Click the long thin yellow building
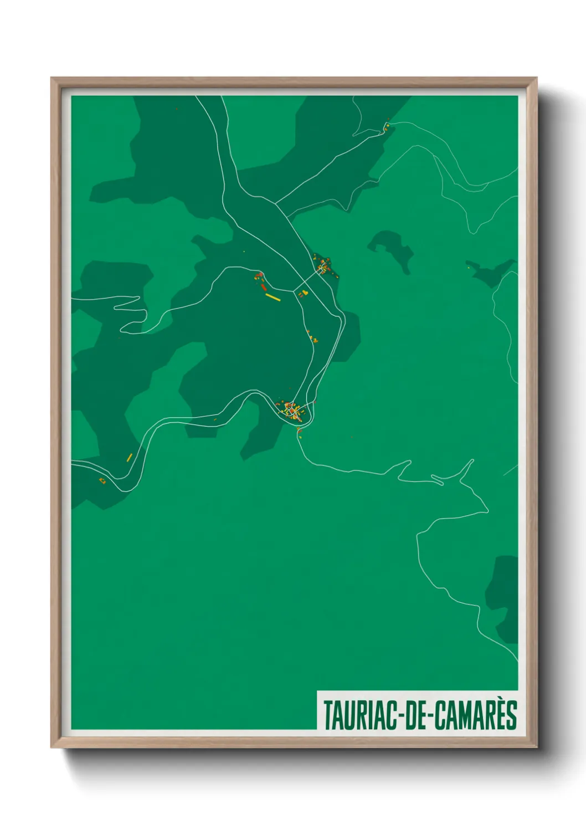coord(273,298)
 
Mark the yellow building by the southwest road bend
coord(130,457)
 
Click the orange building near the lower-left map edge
coord(102,480)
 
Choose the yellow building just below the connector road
coord(304,293)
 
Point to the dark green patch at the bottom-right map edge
coord(503,598)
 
